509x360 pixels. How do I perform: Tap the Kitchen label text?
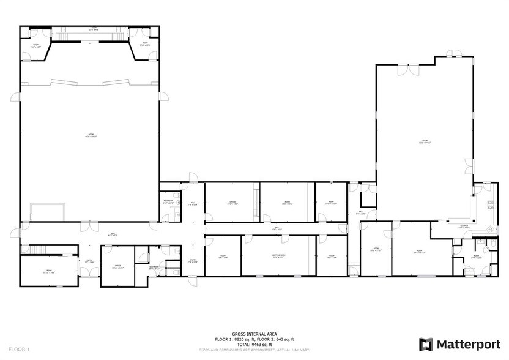tap(464, 227)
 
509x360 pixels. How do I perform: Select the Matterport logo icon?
tap(426, 344)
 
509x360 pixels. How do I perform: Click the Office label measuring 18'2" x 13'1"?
tap(232, 203)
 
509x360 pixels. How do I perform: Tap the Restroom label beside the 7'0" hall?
tap(168, 201)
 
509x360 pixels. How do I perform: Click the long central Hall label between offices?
tap(276, 228)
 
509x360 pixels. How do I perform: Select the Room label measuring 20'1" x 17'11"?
tap(420, 252)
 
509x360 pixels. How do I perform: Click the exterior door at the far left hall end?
tap(13, 232)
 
